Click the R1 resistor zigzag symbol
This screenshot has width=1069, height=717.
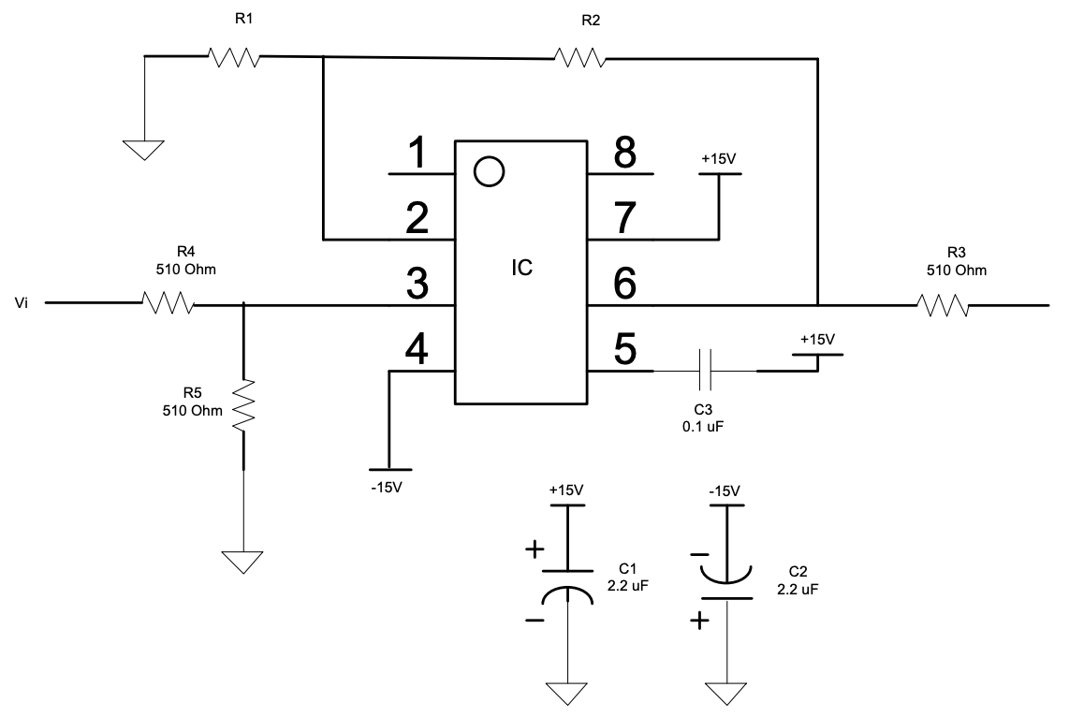(x=233, y=57)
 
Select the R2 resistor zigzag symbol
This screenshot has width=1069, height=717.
(x=579, y=58)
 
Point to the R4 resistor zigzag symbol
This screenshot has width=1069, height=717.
(x=168, y=302)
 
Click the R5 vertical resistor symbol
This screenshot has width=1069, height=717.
(x=243, y=404)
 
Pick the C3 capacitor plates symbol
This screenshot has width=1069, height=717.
(x=706, y=372)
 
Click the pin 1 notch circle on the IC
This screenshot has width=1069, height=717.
(x=488, y=171)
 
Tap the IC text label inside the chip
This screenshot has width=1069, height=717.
(x=521, y=268)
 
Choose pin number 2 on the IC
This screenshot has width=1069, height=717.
(x=417, y=219)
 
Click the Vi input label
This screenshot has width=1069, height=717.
(x=22, y=303)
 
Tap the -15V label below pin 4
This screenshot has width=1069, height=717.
(x=387, y=486)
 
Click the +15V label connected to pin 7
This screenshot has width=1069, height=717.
(x=719, y=158)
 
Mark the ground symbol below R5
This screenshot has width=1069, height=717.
(x=243, y=562)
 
